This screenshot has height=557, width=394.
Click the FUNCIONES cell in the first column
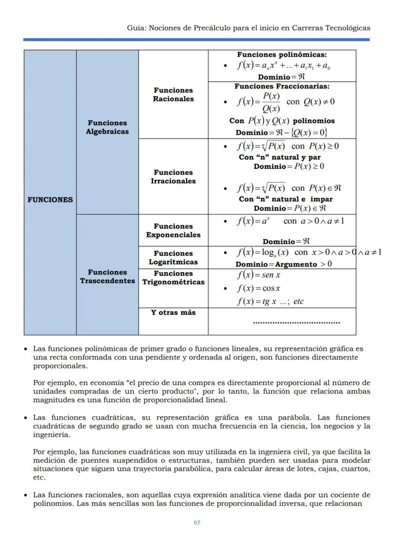point(50,200)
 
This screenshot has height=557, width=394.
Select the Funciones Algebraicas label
point(107,127)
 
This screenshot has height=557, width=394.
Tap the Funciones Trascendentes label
point(107,277)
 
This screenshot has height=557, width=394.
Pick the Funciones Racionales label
point(173,95)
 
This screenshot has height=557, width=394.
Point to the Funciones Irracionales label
point(173,177)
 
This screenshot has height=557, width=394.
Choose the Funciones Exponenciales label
point(173,231)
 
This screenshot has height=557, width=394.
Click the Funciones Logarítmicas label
point(173,258)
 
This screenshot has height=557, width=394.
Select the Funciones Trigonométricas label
point(173,278)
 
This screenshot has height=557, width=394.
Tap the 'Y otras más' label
point(173,313)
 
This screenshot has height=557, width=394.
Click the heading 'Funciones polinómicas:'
point(282,55)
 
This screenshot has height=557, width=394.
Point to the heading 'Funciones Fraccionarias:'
point(282,87)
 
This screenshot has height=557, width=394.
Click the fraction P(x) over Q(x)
point(271,102)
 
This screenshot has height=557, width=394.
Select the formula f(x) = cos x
point(258,288)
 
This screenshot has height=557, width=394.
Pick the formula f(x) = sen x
point(258,275)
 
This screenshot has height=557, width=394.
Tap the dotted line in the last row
point(296,322)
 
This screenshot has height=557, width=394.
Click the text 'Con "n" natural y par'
point(280,157)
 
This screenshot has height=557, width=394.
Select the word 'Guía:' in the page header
point(137,28)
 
